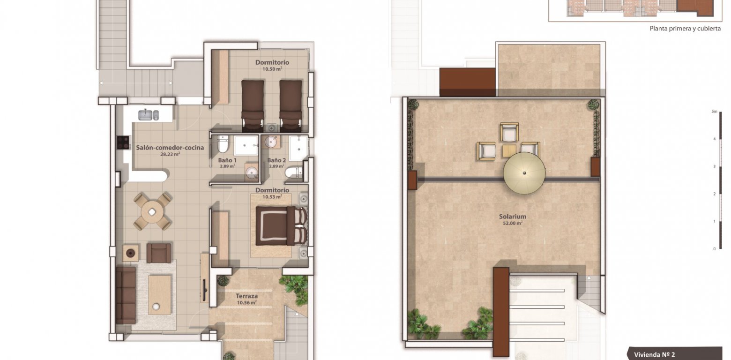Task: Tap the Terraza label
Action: pos(247,296)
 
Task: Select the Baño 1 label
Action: pos(227,160)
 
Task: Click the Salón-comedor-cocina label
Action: pos(170,148)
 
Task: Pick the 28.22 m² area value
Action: pos(170,154)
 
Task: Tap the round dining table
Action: pos(152,212)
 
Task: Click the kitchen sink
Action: pos(149,114)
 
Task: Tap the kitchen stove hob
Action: pos(123,142)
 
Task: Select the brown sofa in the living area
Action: pos(126,295)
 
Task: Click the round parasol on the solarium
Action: pos(524,172)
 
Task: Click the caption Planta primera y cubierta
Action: pos(685,28)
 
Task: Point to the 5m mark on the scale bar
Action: pos(715,112)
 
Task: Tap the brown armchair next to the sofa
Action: pos(159,253)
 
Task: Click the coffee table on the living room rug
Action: pos(160,294)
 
